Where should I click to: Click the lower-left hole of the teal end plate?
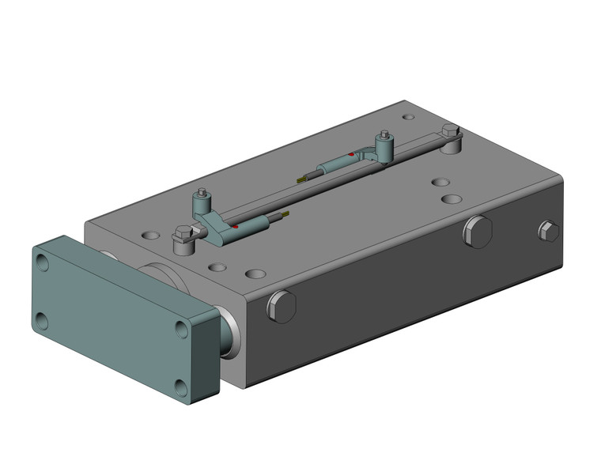click(42, 321)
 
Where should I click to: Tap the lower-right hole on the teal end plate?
click(182, 387)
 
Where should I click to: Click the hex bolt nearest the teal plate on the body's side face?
click(281, 306)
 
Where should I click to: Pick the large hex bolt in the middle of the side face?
click(478, 232)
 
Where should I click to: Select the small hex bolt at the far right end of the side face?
click(548, 231)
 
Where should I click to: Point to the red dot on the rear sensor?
click(350, 154)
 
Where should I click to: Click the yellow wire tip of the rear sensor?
click(300, 181)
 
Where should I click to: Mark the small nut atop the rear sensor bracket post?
click(384, 135)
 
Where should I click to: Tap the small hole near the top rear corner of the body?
click(408, 118)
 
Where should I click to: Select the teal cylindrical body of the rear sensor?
click(336, 165)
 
